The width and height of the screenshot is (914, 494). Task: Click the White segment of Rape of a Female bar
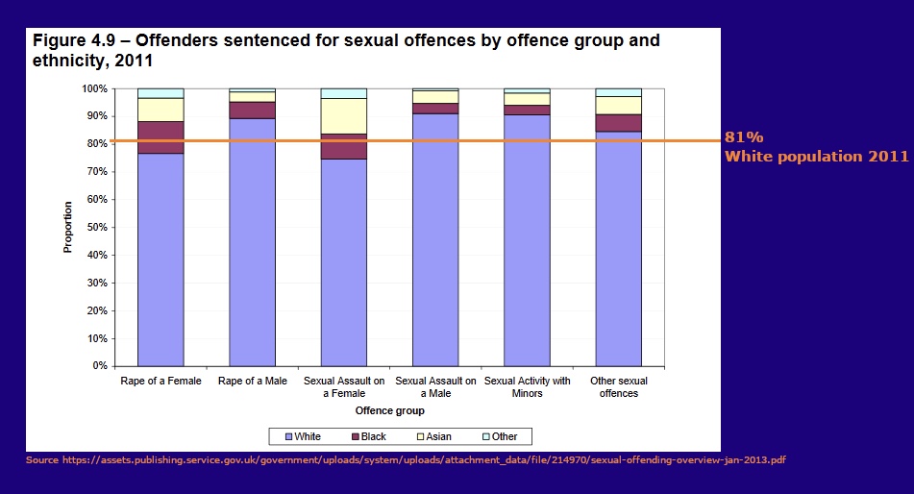[x=161, y=259]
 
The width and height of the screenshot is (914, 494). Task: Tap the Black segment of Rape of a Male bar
[x=252, y=110]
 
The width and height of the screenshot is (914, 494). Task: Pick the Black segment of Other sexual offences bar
[x=618, y=122]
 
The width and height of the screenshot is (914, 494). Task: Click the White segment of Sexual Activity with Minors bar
[x=527, y=240]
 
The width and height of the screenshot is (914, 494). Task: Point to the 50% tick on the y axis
[x=110, y=227]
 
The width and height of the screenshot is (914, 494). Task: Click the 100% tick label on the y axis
[x=93, y=88]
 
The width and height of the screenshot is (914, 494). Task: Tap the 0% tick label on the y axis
[x=98, y=366]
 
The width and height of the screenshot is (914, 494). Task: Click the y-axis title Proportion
[x=67, y=227]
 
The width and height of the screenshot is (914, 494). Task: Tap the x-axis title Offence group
[x=389, y=410]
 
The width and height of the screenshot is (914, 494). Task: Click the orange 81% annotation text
[x=743, y=137]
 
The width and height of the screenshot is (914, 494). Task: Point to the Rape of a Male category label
[x=252, y=382]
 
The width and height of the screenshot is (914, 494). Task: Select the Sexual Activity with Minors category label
[x=527, y=386]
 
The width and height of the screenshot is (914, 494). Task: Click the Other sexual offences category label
[x=618, y=386]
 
